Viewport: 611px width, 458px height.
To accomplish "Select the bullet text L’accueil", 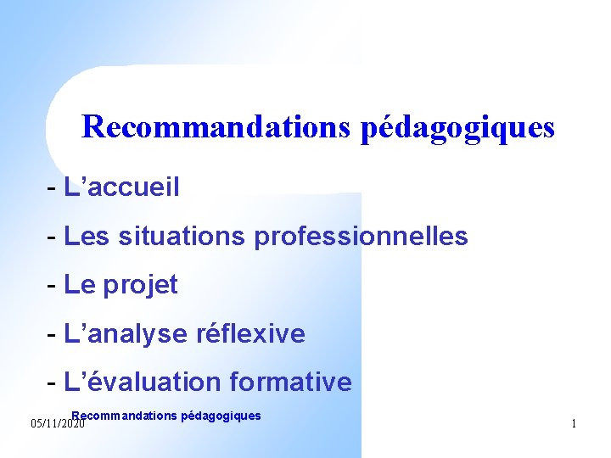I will tap(121, 187).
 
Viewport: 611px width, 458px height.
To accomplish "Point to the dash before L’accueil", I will tap(53, 187).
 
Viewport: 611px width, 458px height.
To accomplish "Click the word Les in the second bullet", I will tap(87, 236).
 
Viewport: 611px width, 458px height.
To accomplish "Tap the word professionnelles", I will tap(361, 236).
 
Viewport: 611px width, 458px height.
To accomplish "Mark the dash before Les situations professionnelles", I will tap(53, 237).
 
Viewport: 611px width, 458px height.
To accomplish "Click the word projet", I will tap(140, 286).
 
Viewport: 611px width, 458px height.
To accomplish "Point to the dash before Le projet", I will tap(53, 286).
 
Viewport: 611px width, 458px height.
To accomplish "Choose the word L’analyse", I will tap(126, 334).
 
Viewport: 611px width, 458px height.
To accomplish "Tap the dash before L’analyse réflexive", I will tap(53, 335).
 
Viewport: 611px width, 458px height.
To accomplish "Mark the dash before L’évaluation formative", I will tap(53, 383).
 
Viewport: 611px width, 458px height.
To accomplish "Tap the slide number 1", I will tap(574, 423).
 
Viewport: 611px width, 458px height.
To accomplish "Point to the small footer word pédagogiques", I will tap(221, 416).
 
